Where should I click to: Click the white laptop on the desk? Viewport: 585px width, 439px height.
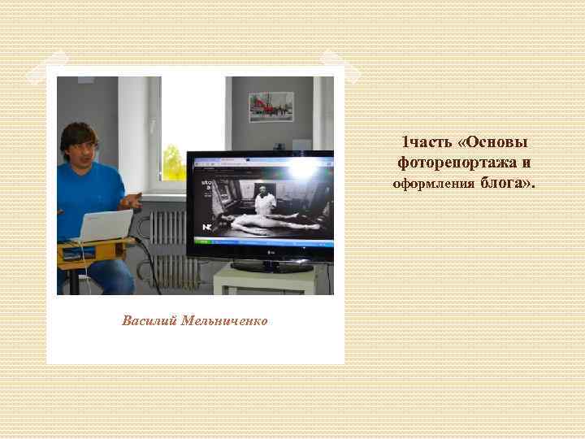pos(105,225)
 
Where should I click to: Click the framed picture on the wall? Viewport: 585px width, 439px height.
pos(271,106)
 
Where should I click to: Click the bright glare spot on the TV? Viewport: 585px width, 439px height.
pos(307,168)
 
